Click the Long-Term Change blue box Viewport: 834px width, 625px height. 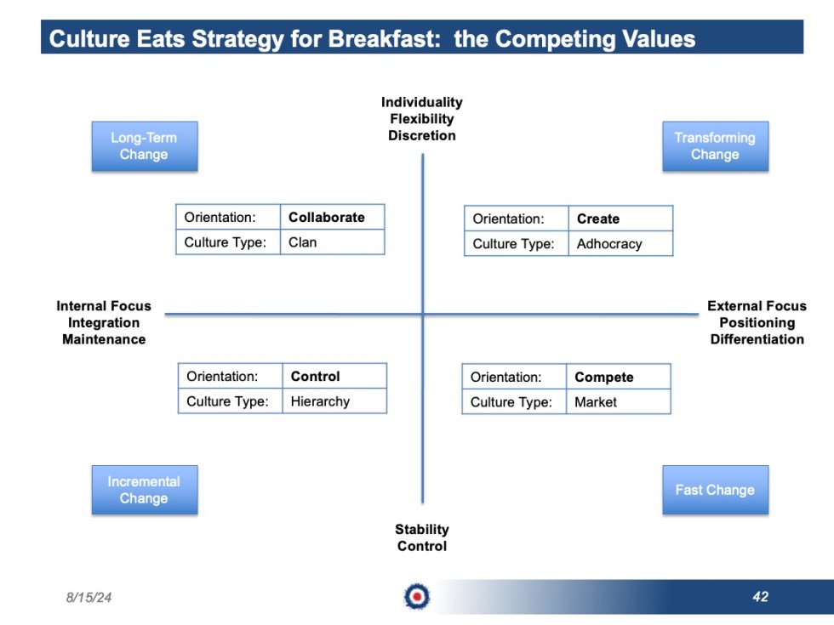click(144, 146)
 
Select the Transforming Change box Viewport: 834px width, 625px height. click(715, 146)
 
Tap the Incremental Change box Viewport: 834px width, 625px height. click(144, 490)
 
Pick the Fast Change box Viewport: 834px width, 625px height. click(715, 490)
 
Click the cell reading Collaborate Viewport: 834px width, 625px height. click(331, 218)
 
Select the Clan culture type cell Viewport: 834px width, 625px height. click(331, 242)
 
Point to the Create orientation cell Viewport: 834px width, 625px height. click(620, 219)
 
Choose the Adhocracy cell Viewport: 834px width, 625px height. click(620, 244)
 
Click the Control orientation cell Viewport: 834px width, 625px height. click(334, 377)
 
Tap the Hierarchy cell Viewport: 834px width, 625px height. click(334, 401)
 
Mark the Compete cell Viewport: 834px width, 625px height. click(618, 378)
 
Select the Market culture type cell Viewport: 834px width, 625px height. click(618, 402)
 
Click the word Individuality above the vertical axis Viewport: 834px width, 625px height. click(422, 102)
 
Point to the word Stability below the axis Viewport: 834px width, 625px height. click(422, 530)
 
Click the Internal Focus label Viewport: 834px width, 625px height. click(104, 306)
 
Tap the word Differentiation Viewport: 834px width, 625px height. click(757, 339)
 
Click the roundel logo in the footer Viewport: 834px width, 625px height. click(417, 597)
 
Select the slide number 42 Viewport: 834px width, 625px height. click(760, 597)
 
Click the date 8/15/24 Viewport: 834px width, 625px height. click(89, 598)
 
